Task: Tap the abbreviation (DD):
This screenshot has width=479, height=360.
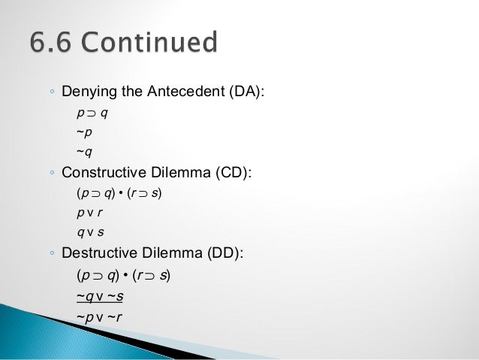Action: click(x=224, y=253)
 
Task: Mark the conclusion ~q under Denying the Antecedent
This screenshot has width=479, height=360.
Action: click(x=85, y=153)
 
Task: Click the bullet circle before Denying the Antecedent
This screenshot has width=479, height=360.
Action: click(x=51, y=93)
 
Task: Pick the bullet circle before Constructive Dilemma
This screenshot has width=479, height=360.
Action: click(x=51, y=174)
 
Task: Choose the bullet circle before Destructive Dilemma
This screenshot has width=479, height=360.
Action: click(x=51, y=254)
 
